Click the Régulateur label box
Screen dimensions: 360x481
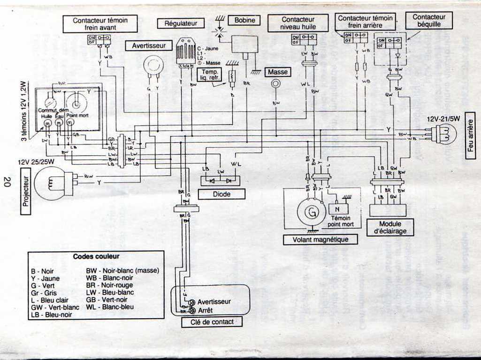181,23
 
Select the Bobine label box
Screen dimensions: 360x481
244,20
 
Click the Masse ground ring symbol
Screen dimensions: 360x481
276,84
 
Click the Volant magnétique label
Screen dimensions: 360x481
321,240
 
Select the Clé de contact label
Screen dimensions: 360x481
212,322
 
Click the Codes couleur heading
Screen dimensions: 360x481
96,257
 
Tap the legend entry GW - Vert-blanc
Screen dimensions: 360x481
50,307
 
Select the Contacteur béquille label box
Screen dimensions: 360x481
429,20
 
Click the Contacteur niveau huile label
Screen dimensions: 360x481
298,23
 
